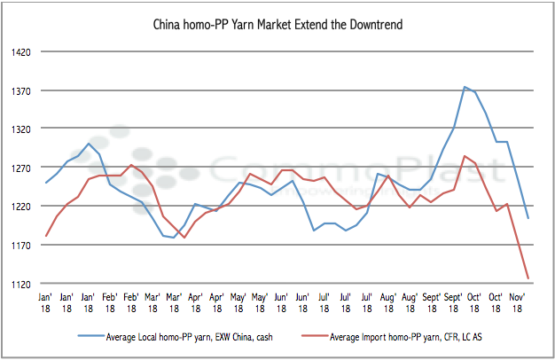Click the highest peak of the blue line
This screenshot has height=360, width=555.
coord(465,87)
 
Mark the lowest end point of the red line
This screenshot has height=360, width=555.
coord(528,278)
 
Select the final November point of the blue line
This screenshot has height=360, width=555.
coord(528,218)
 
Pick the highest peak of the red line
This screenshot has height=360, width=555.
coord(465,156)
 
